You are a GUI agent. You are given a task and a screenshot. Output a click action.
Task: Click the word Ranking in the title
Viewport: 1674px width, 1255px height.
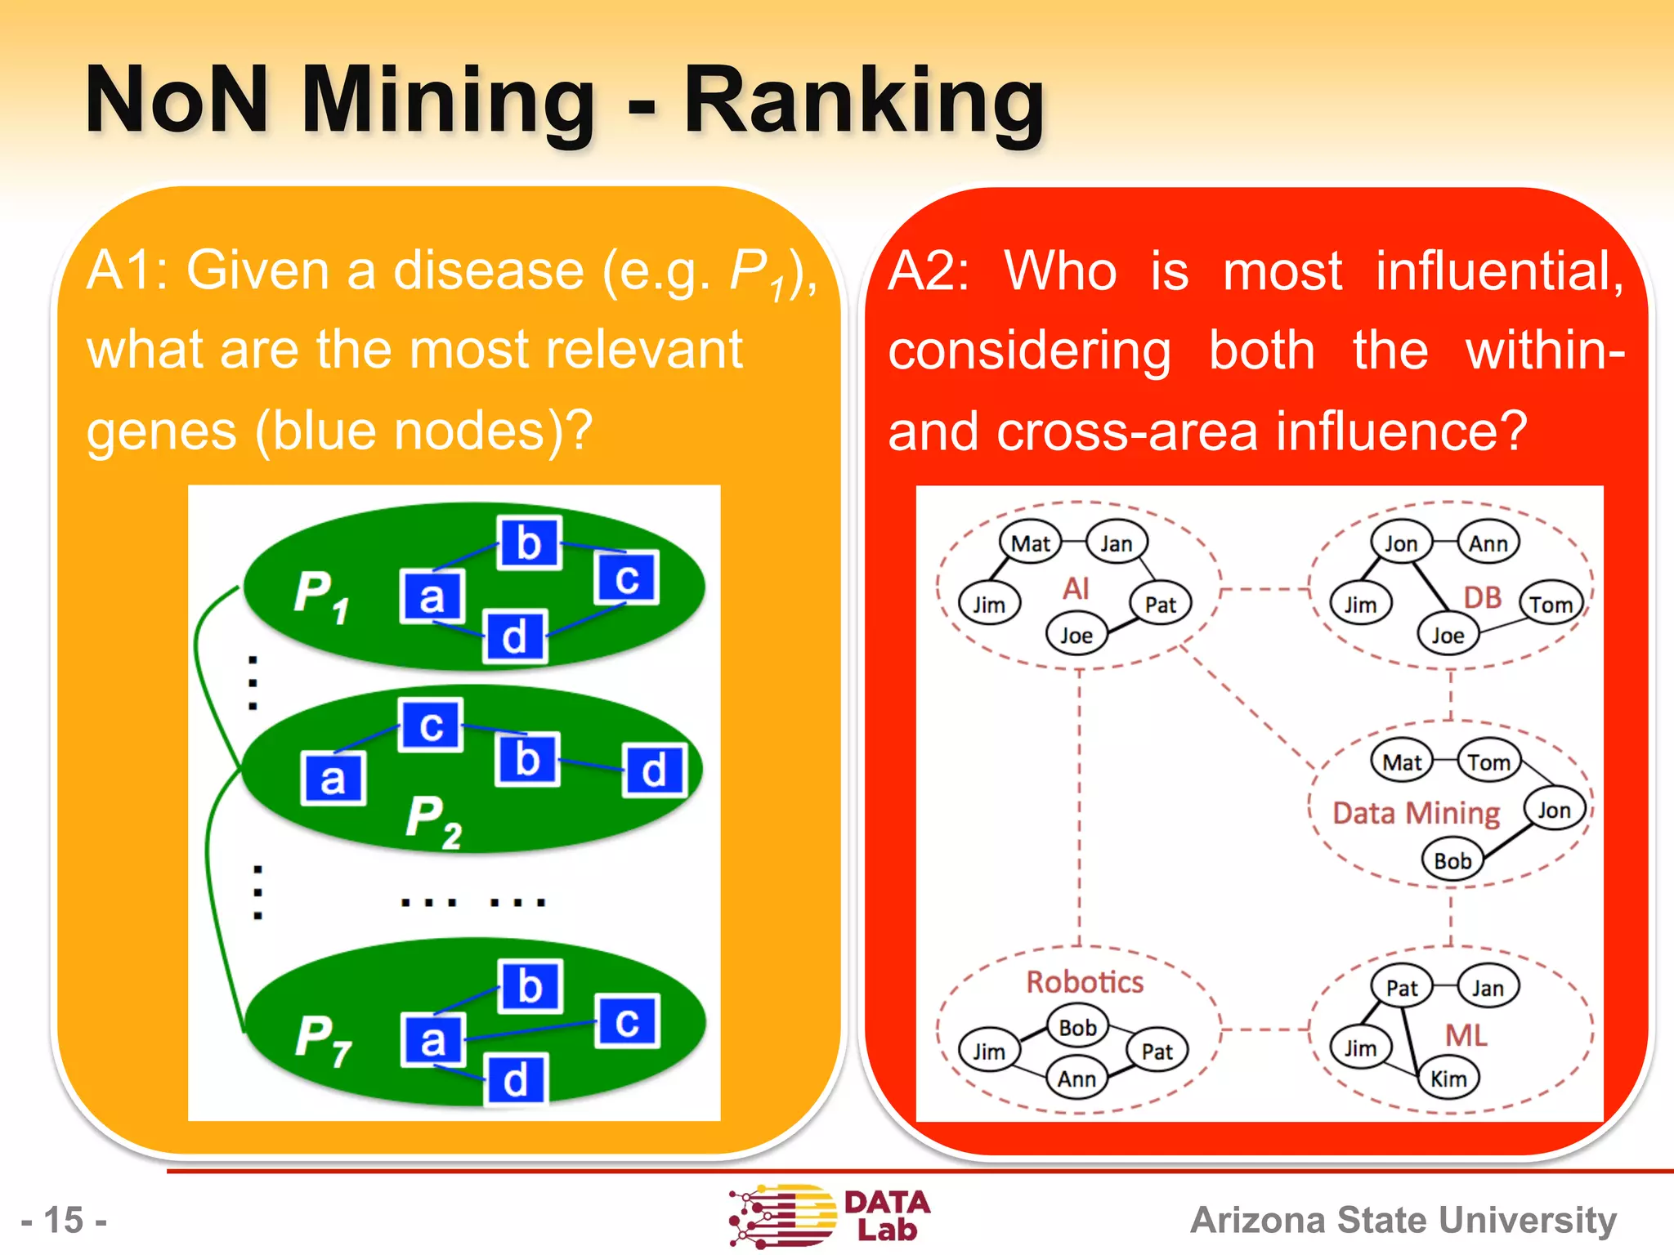point(863,101)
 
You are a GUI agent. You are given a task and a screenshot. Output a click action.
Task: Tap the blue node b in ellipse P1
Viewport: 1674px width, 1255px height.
point(529,543)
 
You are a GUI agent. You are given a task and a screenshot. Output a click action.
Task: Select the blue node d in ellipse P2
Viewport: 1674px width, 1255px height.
point(653,770)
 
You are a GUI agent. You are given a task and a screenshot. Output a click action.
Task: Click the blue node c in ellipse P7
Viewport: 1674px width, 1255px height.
point(627,1021)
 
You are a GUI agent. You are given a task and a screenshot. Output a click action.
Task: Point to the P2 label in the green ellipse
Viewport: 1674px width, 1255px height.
point(433,821)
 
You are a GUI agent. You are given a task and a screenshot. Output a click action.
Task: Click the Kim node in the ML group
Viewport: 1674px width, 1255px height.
point(1448,1079)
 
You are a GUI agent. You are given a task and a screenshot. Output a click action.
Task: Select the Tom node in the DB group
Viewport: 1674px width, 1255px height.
point(1551,605)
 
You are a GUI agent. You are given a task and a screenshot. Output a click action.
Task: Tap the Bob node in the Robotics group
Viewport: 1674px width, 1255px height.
point(1077,1028)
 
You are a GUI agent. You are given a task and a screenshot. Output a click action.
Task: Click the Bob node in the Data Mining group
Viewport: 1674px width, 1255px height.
point(1452,861)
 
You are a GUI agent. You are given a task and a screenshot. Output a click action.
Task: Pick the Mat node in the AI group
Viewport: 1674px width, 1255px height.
point(1030,543)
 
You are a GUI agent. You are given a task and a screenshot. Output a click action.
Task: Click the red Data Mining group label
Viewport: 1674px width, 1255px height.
point(1416,813)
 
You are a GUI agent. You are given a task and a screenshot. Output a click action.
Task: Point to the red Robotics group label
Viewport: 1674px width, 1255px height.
point(1085,982)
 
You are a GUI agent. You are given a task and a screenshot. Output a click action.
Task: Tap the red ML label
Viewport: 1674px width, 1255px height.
point(1466,1035)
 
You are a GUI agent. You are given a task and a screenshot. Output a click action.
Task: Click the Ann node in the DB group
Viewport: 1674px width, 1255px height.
point(1488,543)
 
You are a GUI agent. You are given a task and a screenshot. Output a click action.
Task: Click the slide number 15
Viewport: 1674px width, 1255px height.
point(64,1220)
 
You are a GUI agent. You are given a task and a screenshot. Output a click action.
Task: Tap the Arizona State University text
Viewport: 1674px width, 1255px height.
point(1403,1220)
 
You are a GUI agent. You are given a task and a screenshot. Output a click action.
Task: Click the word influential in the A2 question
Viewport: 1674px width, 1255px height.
point(1499,271)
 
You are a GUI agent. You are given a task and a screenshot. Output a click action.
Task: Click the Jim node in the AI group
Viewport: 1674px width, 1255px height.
point(988,605)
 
